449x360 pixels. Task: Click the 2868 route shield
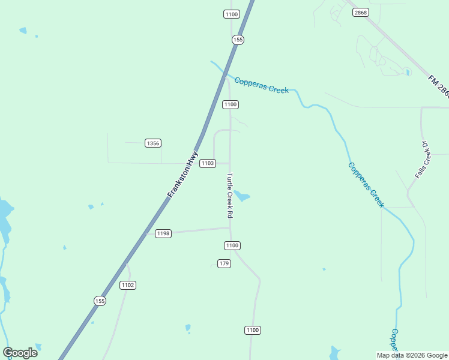[360, 12]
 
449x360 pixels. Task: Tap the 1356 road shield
[153, 143]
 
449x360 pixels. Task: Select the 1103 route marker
[208, 163]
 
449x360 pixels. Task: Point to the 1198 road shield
[163, 233]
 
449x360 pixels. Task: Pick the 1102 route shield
[127, 285]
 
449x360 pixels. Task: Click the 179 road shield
[224, 263]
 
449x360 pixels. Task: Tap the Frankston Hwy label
[183, 174]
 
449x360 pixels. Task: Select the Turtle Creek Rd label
[229, 195]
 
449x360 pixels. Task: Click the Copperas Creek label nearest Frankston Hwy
[261, 85]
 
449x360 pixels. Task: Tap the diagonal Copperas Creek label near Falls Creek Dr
[366, 185]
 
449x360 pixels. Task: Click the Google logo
[20, 353]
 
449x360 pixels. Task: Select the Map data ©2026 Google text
[412, 355]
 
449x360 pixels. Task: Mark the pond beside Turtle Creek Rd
[242, 196]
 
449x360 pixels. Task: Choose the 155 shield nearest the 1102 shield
[100, 301]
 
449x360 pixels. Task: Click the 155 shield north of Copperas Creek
[238, 40]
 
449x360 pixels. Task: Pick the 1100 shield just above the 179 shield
[232, 245]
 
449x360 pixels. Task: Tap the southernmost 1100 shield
[253, 330]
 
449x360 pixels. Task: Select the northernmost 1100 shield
[231, 14]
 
